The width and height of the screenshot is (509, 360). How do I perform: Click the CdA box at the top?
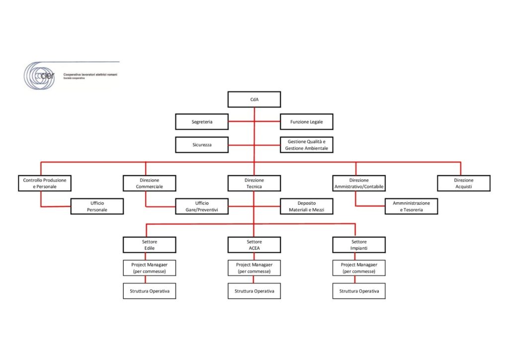click(x=254, y=99)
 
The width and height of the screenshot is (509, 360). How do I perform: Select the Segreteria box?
click(x=202, y=122)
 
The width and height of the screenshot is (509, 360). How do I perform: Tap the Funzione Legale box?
click(x=306, y=122)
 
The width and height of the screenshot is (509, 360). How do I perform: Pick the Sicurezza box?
click(x=202, y=145)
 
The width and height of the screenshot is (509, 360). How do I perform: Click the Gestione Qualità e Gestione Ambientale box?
click(x=306, y=145)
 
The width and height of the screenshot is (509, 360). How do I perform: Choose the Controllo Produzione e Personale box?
click(x=45, y=183)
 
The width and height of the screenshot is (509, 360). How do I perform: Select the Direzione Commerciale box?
click(x=149, y=183)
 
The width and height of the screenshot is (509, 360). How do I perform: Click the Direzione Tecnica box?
click(x=254, y=183)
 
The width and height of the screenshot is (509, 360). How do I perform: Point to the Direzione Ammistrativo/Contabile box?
click(x=359, y=183)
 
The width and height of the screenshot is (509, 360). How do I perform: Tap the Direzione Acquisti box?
click(x=464, y=183)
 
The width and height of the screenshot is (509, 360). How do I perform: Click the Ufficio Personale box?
click(x=97, y=206)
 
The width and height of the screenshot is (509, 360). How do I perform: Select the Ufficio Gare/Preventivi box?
click(x=202, y=206)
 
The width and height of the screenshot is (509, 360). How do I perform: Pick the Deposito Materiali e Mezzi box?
click(x=306, y=206)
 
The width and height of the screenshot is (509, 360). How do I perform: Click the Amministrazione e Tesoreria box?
click(x=411, y=206)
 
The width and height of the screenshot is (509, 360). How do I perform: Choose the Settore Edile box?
click(x=149, y=245)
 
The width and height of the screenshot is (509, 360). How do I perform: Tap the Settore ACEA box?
click(x=254, y=245)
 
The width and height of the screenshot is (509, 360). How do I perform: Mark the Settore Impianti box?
click(x=359, y=245)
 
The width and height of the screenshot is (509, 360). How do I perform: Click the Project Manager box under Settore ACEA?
click(x=254, y=268)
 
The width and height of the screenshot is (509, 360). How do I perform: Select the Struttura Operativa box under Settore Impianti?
click(x=359, y=291)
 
